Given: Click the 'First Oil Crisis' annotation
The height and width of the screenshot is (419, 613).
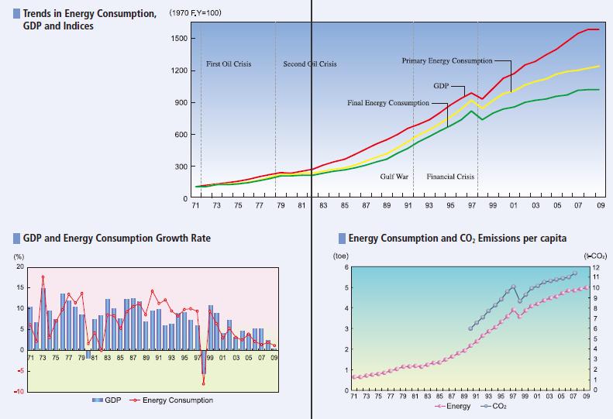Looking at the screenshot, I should pos(229,64).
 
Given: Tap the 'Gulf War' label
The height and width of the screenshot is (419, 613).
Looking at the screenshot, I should pos(394,177).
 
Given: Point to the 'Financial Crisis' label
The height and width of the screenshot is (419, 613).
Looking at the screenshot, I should pos(450,177).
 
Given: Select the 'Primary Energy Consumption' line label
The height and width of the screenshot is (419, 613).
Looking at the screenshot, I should pos(447,60).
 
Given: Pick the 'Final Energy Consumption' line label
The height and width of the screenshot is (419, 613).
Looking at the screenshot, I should pos(387,103).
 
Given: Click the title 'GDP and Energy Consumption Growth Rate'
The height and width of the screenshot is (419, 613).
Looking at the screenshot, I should pos(116,238).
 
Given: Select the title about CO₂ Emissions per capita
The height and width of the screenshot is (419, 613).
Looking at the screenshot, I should pos(457,238).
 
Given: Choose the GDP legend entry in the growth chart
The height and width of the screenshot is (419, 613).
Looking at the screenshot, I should pos(109,400).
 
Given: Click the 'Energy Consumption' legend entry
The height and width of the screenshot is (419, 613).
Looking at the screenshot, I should pos(176,400).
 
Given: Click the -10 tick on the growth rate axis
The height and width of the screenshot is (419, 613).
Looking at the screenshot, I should pos(18,391).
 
